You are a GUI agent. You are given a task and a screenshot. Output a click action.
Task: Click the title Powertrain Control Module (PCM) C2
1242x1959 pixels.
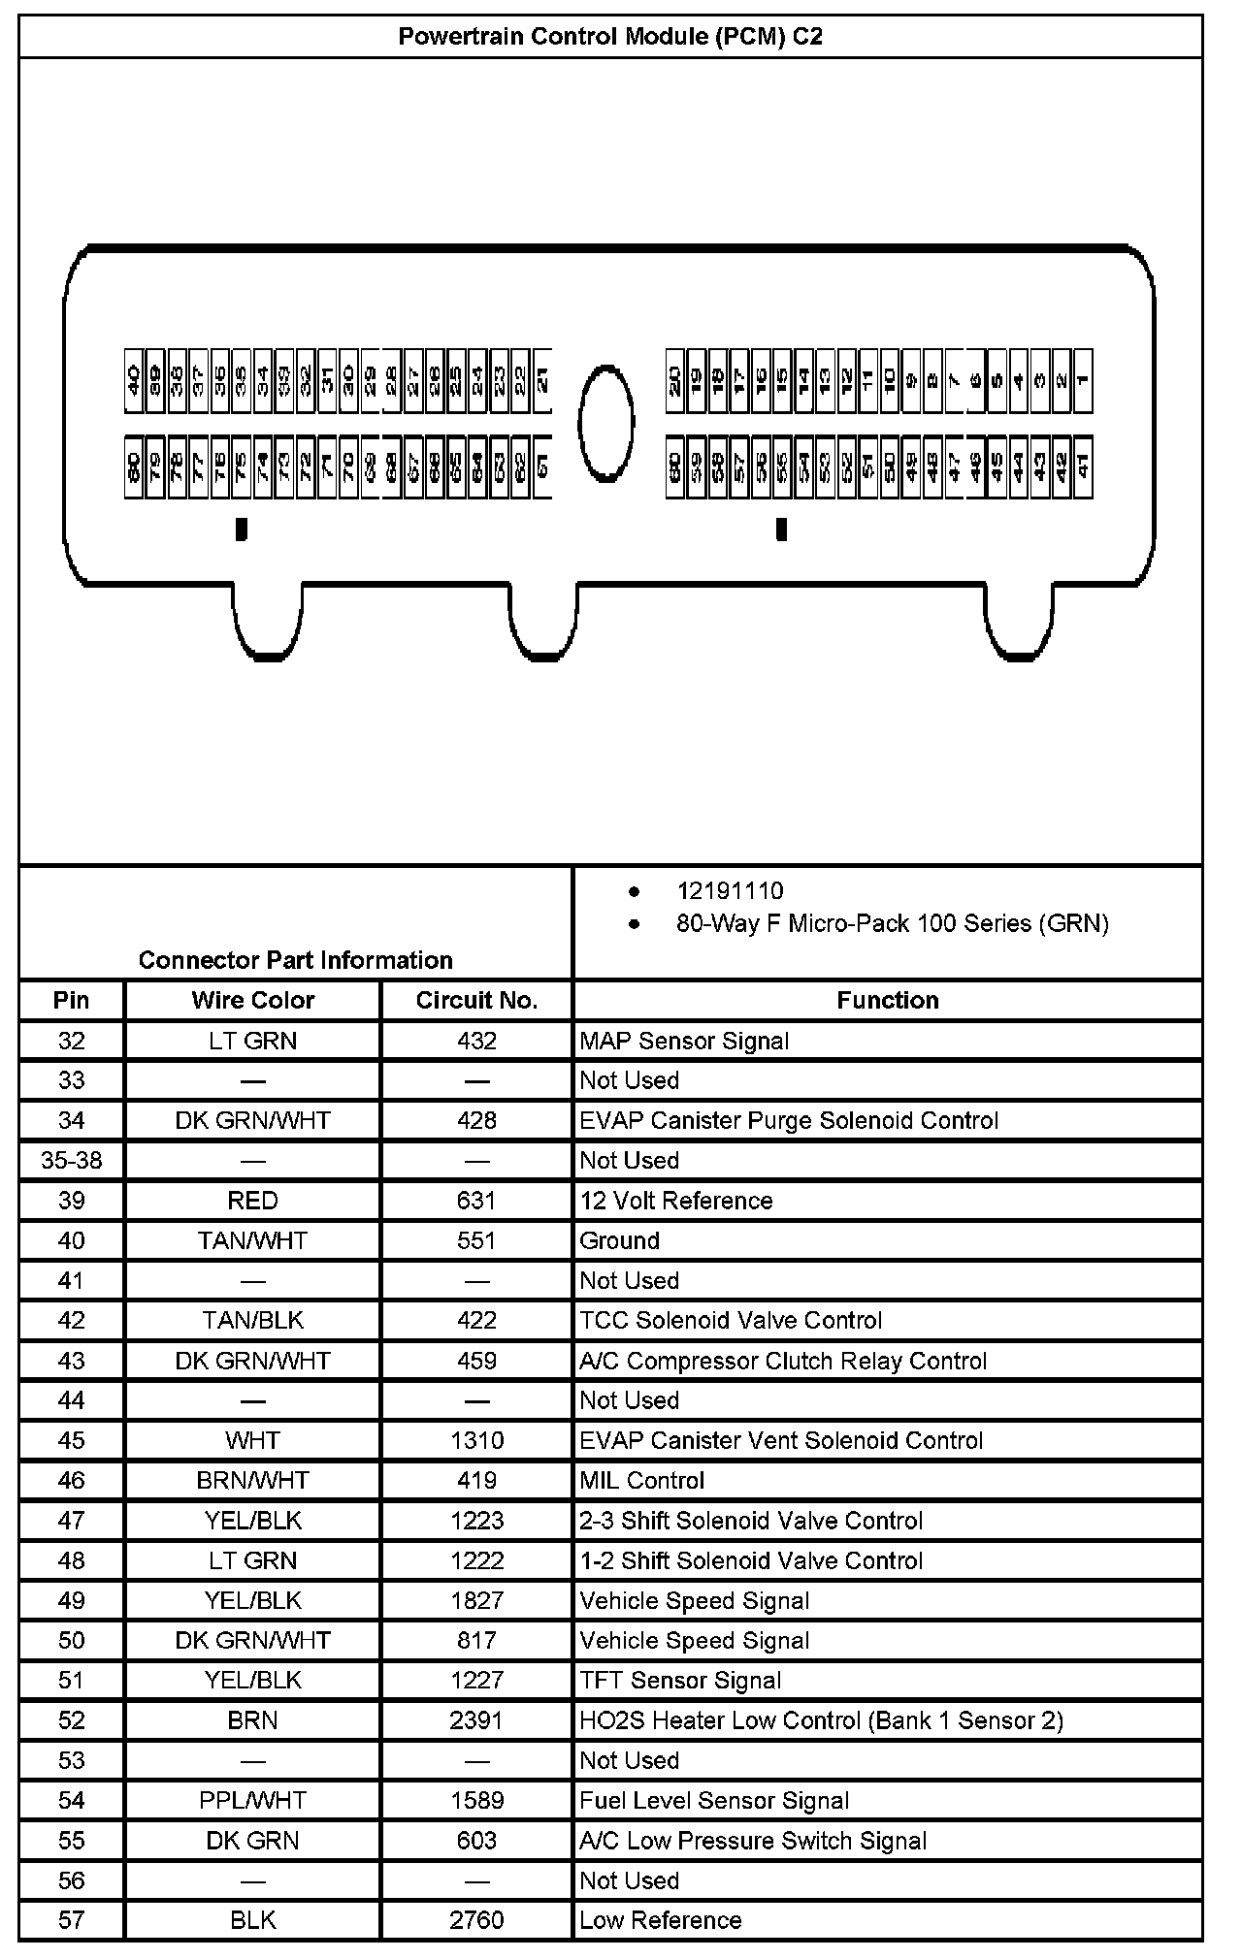tap(610, 37)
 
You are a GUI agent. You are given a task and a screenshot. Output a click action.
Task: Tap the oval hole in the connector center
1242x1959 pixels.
tap(606, 422)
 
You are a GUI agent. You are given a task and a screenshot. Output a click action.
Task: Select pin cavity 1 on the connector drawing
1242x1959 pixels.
tap(1083, 380)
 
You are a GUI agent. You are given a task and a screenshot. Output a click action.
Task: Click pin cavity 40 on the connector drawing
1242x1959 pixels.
tap(134, 380)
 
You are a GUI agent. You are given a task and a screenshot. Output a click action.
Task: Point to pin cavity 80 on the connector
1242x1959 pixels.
tap(134, 468)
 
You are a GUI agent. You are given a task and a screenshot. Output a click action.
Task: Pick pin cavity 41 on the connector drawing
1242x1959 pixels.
tap(1083, 468)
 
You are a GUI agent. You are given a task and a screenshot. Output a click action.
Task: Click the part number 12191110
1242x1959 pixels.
tap(730, 891)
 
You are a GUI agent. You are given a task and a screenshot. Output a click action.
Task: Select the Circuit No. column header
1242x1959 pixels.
tap(476, 1001)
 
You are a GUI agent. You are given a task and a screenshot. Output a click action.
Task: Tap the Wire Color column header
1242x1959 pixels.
tap(252, 1001)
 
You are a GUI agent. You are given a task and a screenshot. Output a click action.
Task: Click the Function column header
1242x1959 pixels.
tap(887, 1001)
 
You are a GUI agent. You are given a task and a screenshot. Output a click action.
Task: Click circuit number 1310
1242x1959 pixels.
tap(476, 1440)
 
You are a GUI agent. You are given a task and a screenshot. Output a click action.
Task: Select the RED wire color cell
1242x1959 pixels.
tap(252, 1201)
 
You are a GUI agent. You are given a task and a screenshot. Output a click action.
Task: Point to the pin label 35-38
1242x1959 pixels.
tap(72, 1161)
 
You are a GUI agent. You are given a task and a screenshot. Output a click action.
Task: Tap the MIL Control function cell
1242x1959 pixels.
tap(641, 1481)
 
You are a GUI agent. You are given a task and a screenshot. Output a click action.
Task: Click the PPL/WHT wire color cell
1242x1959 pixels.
tap(252, 1801)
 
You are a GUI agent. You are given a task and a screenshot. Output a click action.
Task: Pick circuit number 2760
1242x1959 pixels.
tap(476, 1920)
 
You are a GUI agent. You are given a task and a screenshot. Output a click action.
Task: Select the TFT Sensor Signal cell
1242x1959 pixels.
tap(679, 1681)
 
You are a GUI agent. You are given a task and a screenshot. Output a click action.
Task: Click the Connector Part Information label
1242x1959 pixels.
tap(295, 960)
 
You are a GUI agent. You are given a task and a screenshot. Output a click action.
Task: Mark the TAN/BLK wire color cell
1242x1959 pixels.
tap(252, 1321)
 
